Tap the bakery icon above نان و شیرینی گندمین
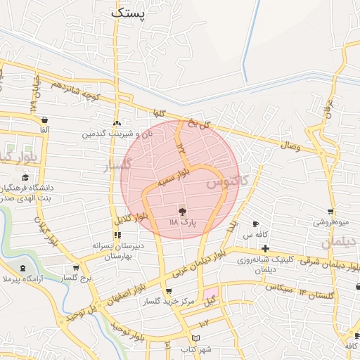[117, 122]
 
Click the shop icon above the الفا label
[45, 119]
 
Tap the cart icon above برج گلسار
[75, 268]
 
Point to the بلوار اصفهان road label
[127, 293]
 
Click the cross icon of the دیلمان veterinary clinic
[265, 248]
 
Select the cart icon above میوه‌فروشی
[330, 211]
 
